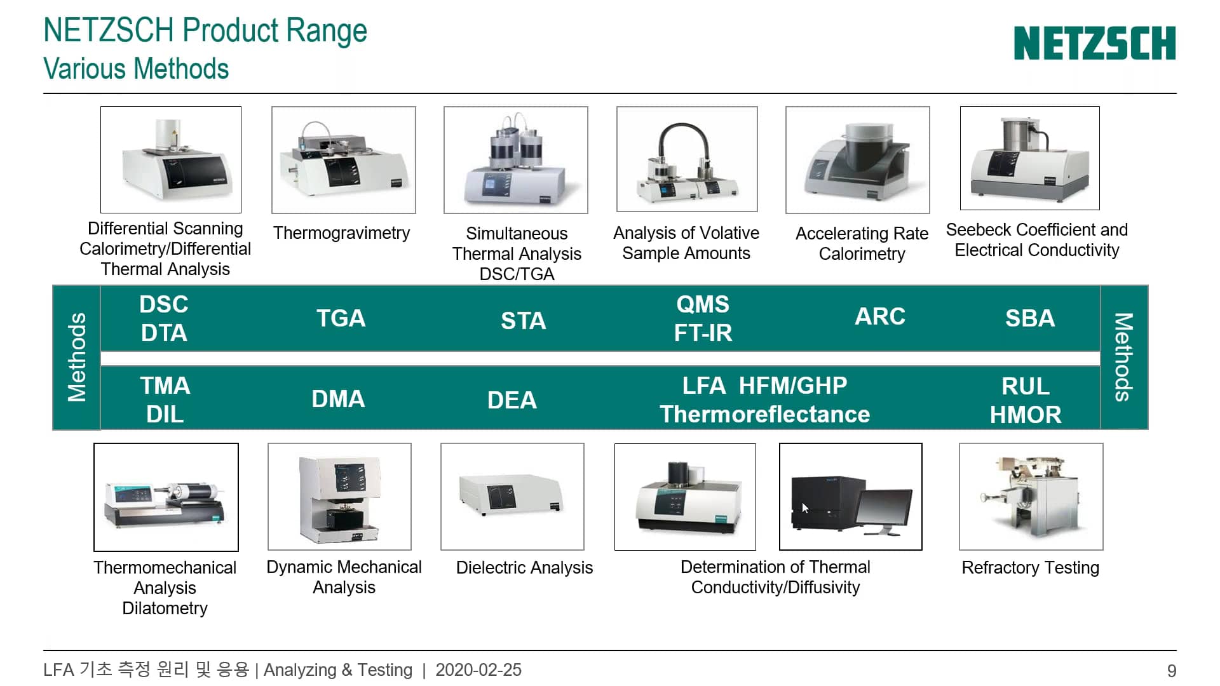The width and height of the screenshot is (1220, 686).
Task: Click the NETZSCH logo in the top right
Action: pyautogui.click(x=1094, y=43)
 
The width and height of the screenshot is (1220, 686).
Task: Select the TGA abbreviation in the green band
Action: pyautogui.click(x=341, y=318)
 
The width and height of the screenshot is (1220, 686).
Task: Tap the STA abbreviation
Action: pyautogui.click(x=523, y=321)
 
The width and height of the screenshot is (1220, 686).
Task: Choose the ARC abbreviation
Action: pyautogui.click(x=879, y=316)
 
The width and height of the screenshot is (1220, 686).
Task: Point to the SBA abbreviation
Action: pyautogui.click(x=1029, y=318)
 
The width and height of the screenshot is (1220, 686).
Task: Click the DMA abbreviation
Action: pyautogui.click(x=338, y=399)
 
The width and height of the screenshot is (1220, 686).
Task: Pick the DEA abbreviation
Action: pyautogui.click(x=512, y=400)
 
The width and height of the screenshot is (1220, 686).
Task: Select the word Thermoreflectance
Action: pyautogui.click(x=764, y=414)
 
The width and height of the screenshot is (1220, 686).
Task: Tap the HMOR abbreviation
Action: pyautogui.click(x=1025, y=415)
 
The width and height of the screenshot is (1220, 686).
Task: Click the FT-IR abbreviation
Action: pyautogui.click(x=703, y=333)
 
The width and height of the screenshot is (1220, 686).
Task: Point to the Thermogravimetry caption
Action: pyautogui.click(x=341, y=233)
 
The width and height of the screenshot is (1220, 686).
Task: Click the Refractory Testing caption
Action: pyautogui.click(x=1030, y=567)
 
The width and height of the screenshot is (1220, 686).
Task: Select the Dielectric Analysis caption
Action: pyautogui.click(x=524, y=567)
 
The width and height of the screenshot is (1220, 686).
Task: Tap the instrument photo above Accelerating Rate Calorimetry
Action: pyautogui.click(x=857, y=160)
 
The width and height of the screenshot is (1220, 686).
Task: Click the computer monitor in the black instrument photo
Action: pyautogui.click(x=884, y=511)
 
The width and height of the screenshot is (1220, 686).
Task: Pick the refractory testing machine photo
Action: pyautogui.click(x=1031, y=497)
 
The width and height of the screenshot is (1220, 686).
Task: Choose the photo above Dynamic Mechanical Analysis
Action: pyautogui.click(x=339, y=497)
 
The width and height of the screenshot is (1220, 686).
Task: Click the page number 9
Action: pyautogui.click(x=1171, y=671)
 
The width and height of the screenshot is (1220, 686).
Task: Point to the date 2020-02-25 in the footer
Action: pyautogui.click(x=478, y=670)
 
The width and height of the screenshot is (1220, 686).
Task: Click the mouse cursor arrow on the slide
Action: pyautogui.click(x=805, y=508)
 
